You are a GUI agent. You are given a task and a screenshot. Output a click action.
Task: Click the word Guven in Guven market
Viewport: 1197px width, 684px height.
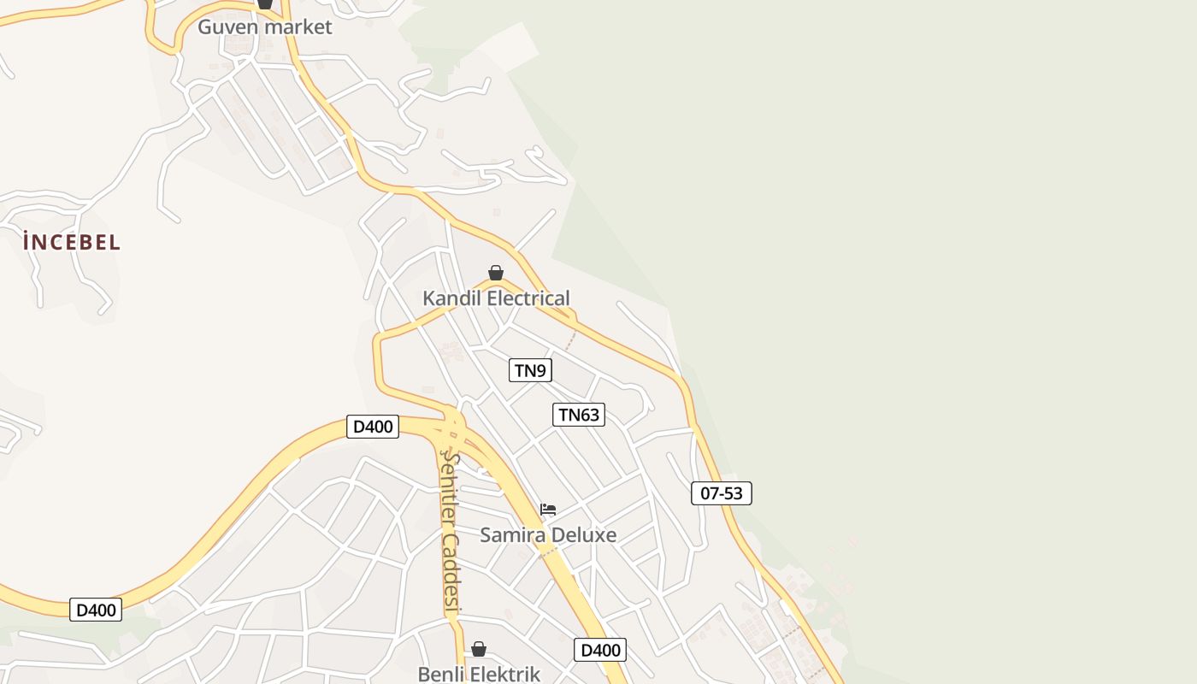[228, 27]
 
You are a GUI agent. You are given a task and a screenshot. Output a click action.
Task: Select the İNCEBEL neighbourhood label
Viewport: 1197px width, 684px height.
[72, 243]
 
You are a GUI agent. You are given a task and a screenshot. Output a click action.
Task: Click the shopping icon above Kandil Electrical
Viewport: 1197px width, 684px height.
[496, 273]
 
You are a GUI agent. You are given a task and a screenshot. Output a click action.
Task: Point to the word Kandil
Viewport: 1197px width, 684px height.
[451, 298]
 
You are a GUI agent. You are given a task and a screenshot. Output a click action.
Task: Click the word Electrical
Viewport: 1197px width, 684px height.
[527, 298]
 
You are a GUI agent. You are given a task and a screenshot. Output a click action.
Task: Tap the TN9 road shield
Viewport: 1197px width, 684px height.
[531, 370]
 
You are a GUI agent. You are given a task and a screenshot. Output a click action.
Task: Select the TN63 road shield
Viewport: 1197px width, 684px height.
[579, 415]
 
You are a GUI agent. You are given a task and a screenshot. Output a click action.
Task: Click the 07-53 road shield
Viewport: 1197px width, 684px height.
[722, 493]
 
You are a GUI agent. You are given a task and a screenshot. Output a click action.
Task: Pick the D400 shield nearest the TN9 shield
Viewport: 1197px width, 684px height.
[373, 427]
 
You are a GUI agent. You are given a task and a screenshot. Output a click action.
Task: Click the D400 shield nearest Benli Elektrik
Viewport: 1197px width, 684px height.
[600, 650]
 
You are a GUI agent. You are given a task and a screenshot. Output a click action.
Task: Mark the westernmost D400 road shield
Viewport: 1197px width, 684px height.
[96, 610]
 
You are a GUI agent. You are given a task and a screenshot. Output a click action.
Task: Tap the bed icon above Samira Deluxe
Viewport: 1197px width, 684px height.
[548, 510]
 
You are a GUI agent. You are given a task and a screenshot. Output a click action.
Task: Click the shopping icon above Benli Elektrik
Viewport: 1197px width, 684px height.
[479, 649]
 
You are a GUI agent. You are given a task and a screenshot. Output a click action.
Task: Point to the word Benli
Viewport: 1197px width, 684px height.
[440, 674]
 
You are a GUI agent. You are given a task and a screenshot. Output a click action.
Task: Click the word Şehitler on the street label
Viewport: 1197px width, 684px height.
[449, 487]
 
